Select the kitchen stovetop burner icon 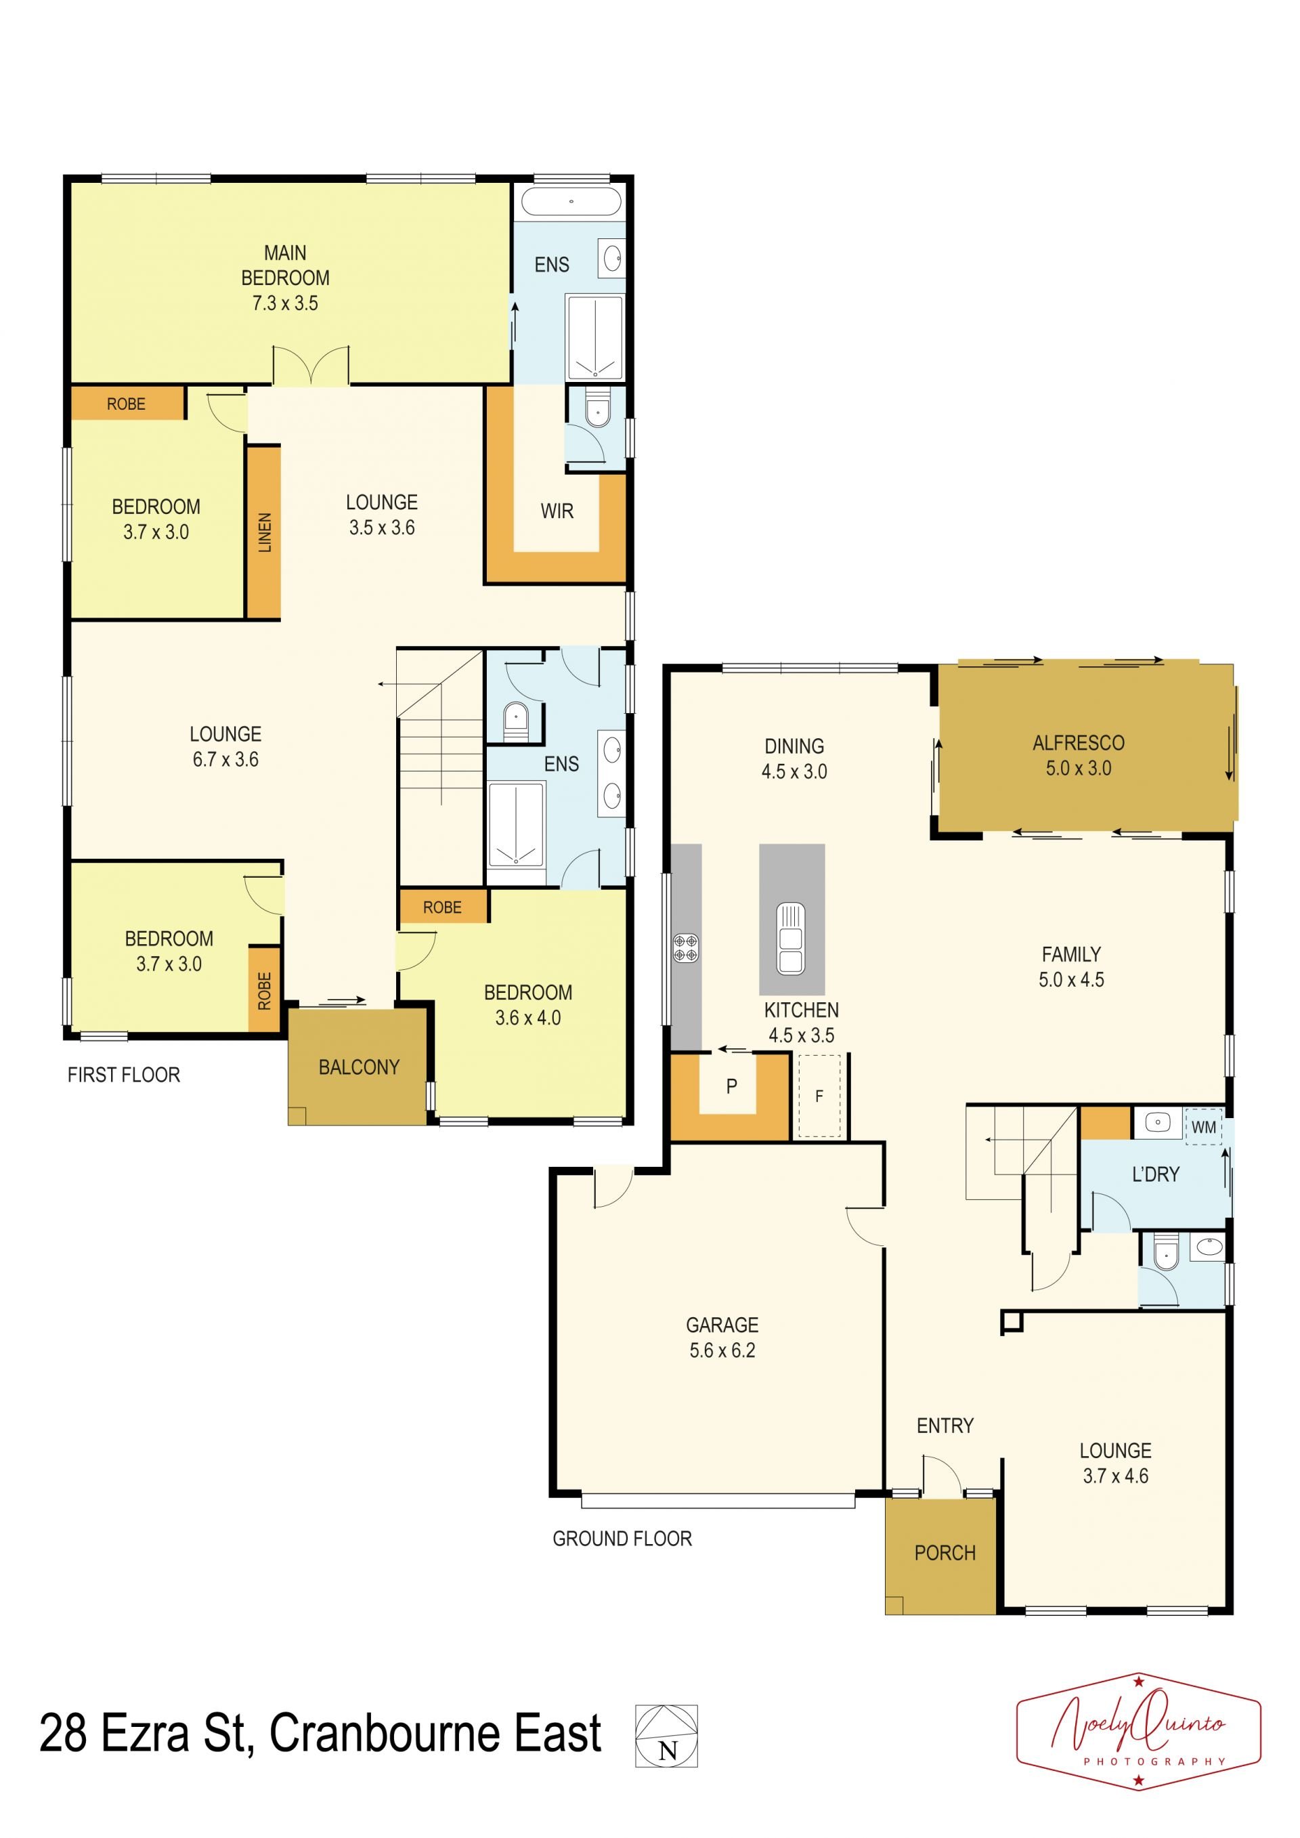[x=686, y=948]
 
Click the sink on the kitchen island [x=791, y=938]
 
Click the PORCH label [x=945, y=1553]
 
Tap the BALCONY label [x=359, y=1067]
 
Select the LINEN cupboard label [x=265, y=532]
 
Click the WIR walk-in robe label [x=557, y=511]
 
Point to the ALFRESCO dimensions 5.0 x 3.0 [x=1079, y=768]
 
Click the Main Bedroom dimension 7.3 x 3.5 [x=285, y=303]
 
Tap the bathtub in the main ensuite [x=570, y=202]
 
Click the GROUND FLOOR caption [x=622, y=1538]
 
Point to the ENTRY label [x=945, y=1425]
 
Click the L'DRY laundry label [x=1155, y=1174]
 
